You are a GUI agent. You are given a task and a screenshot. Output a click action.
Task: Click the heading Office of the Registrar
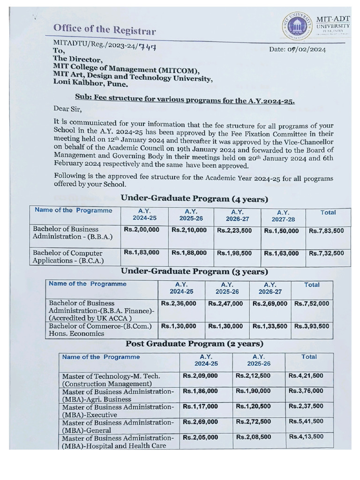coord(104,30)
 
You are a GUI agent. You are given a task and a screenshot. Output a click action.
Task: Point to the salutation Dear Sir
coord(67,110)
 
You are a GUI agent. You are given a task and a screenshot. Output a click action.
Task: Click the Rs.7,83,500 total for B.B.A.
coord(326,231)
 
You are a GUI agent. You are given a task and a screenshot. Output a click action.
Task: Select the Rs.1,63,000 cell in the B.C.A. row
coord(281,254)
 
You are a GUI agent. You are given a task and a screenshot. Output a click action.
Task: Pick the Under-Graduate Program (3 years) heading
coord(195,271)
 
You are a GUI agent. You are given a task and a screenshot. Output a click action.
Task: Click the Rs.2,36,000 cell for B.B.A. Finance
coord(179,304)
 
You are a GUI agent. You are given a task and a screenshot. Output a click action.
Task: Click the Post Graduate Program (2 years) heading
coord(194,344)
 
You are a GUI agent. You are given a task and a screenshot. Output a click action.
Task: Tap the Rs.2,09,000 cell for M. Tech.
coord(200,376)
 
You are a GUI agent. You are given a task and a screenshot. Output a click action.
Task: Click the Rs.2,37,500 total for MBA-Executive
coord(306,406)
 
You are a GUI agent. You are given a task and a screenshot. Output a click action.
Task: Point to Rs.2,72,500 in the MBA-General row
coord(253,422)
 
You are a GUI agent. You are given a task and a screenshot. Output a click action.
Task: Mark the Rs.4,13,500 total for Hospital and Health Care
coord(306,437)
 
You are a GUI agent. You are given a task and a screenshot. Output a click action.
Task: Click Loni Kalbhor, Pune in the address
coord(90,85)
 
